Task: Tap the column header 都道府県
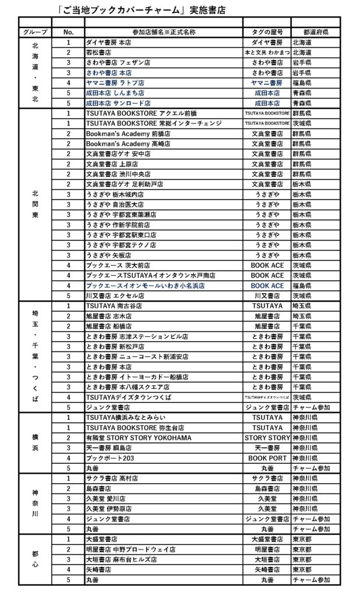click(x=316, y=32)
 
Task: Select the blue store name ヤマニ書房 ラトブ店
click(x=115, y=83)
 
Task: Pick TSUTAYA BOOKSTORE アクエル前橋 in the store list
click(x=133, y=113)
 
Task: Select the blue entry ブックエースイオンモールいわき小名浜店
click(x=145, y=285)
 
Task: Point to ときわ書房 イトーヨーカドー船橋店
click(x=137, y=377)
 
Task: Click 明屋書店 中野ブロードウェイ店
click(x=130, y=549)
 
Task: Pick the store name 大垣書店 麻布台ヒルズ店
click(x=122, y=559)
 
